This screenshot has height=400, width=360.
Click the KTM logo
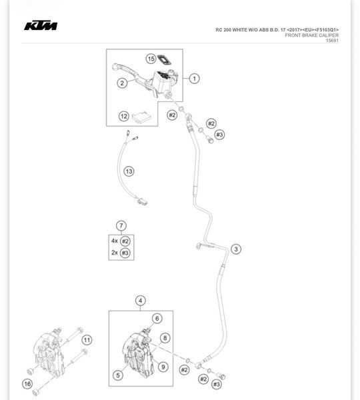point(41,25)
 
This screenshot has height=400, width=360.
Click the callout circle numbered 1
point(195,79)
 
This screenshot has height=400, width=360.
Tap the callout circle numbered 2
point(122,83)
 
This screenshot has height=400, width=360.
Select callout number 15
point(151,59)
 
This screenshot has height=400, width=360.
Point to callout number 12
point(124,116)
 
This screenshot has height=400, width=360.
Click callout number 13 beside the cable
point(129,171)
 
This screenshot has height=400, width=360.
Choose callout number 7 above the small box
point(121,225)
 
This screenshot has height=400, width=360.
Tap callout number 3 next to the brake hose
point(236,249)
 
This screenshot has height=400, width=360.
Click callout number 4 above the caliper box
point(140,301)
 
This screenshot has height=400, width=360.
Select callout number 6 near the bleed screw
point(157,319)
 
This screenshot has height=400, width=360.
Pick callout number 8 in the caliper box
point(165,338)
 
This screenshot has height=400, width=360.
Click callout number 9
point(163,367)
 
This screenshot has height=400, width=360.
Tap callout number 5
point(118,375)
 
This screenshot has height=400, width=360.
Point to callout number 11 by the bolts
point(87,340)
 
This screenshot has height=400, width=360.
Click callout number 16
point(27,384)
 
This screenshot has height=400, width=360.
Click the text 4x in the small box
point(115,241)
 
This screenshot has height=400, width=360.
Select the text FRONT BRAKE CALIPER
point(312,35)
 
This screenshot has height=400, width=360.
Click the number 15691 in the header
point(332,41)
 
